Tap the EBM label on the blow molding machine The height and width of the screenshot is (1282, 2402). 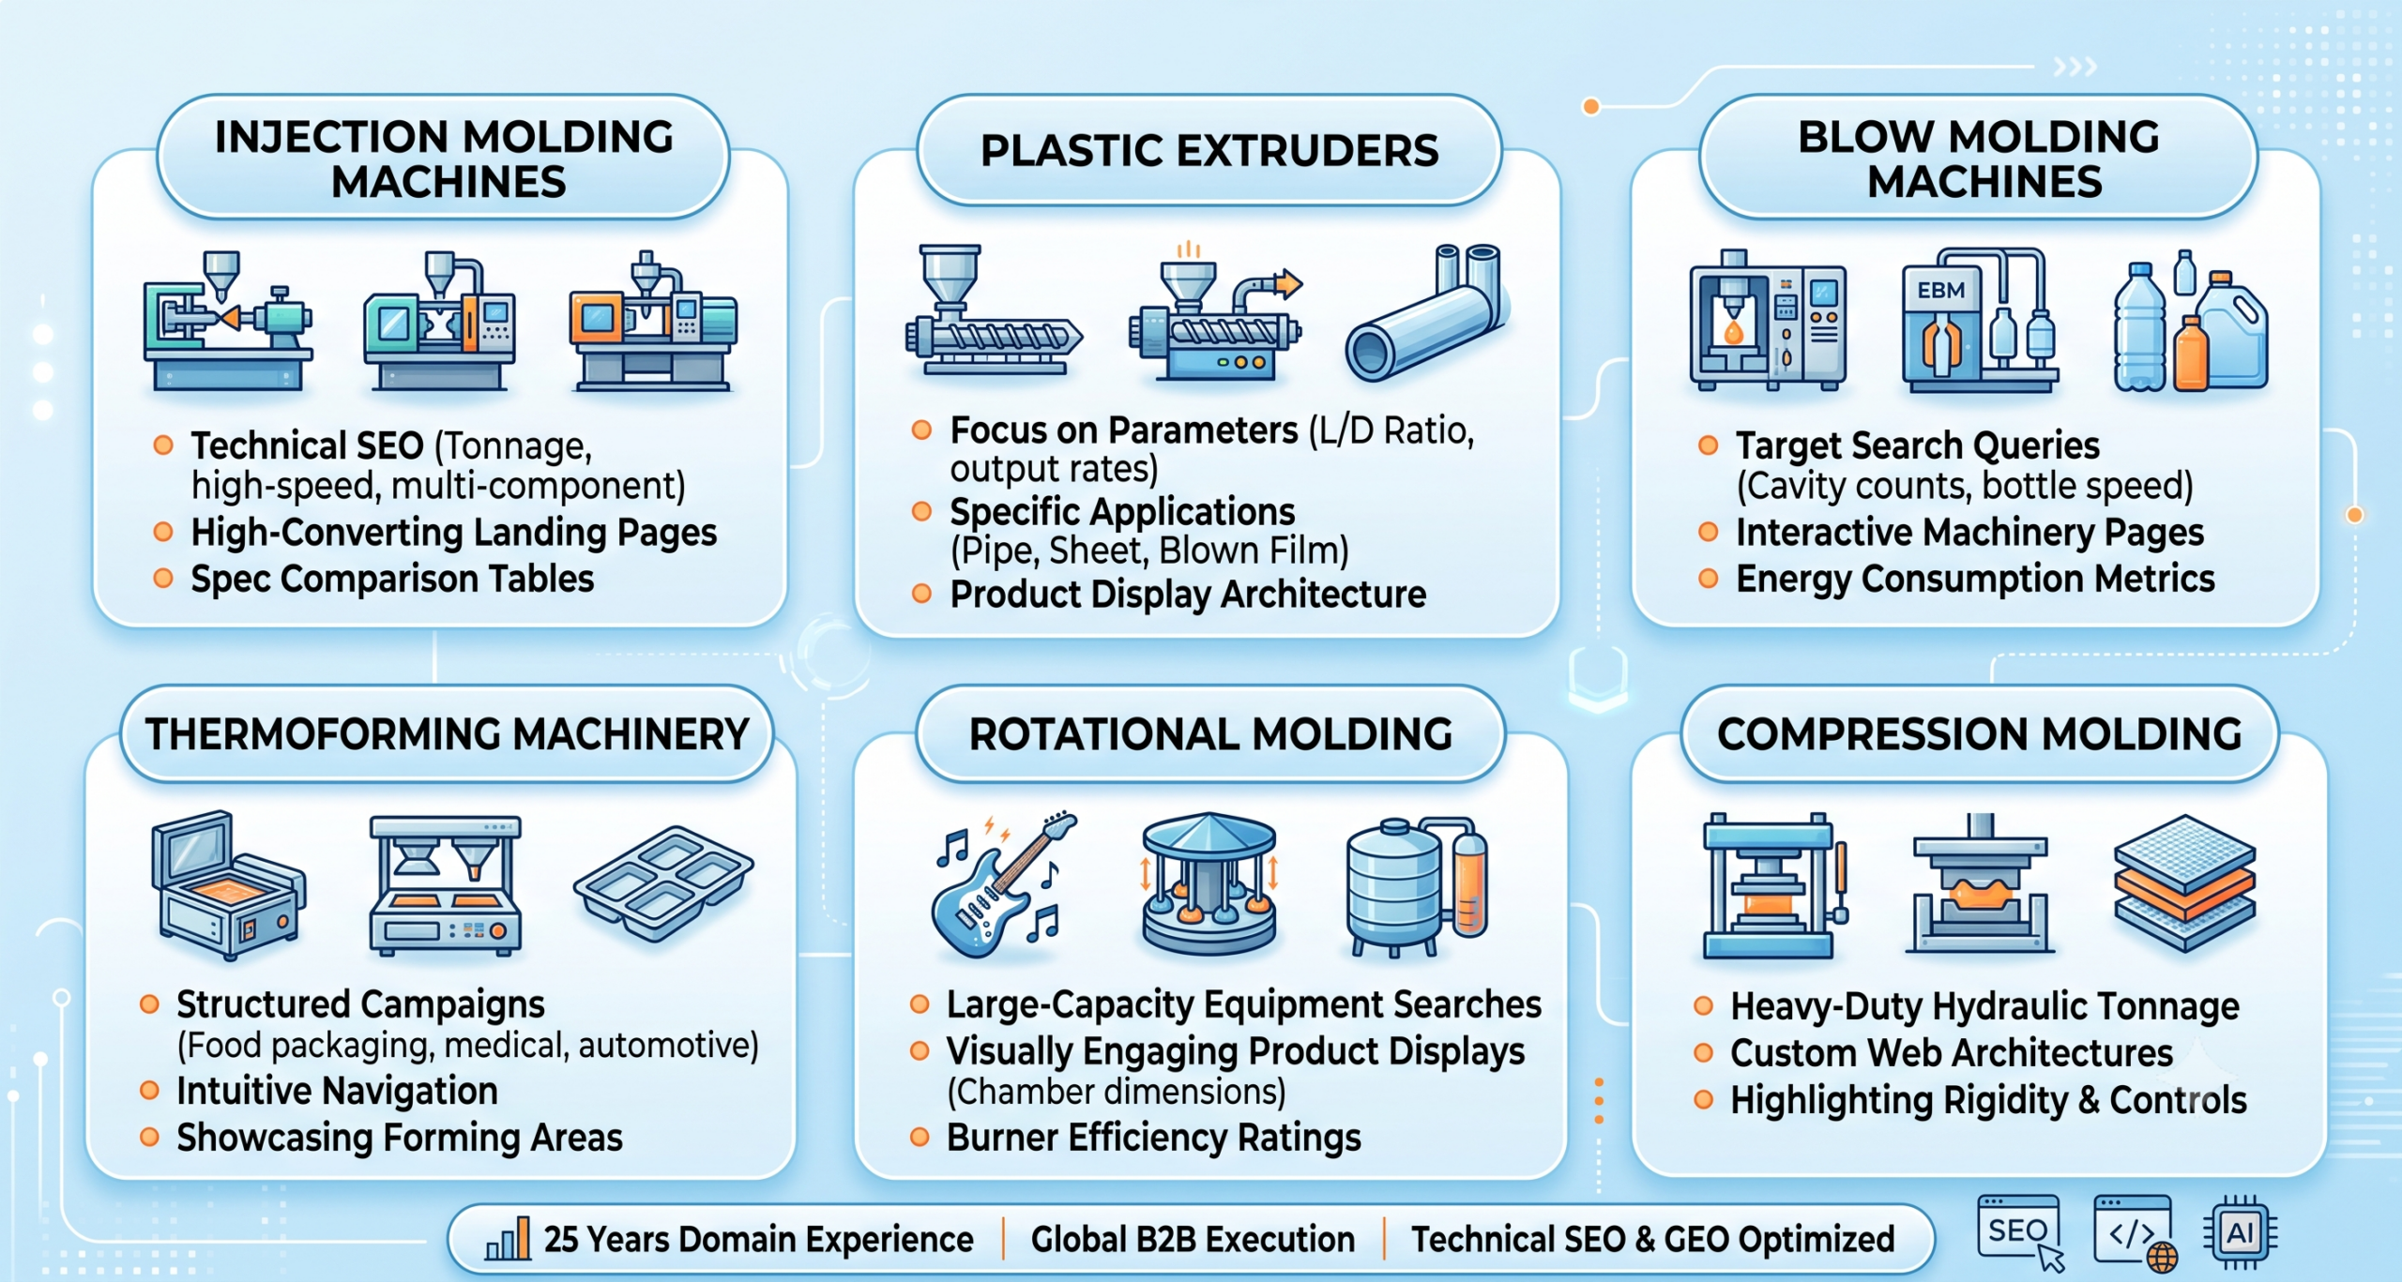pos(1940,291)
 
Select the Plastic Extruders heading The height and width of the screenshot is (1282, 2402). pos(1209,151)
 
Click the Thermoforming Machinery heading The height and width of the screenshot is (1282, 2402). pos(447,734)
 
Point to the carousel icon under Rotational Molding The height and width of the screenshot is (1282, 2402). pos(1209,883)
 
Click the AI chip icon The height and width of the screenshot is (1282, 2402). pos(2239,1232)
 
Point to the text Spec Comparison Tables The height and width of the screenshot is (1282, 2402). pos(392,579)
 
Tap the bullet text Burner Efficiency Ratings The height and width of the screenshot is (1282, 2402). pos(1153,1138)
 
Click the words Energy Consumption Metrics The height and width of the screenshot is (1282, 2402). pos(1975,579)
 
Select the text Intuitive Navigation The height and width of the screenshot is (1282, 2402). pos(337,1091)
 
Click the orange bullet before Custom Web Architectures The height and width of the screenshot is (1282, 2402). pos(1703,1053)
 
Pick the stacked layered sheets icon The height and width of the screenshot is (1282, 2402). pos(2184,882)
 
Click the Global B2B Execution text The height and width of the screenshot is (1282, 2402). pos(1193,1239)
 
